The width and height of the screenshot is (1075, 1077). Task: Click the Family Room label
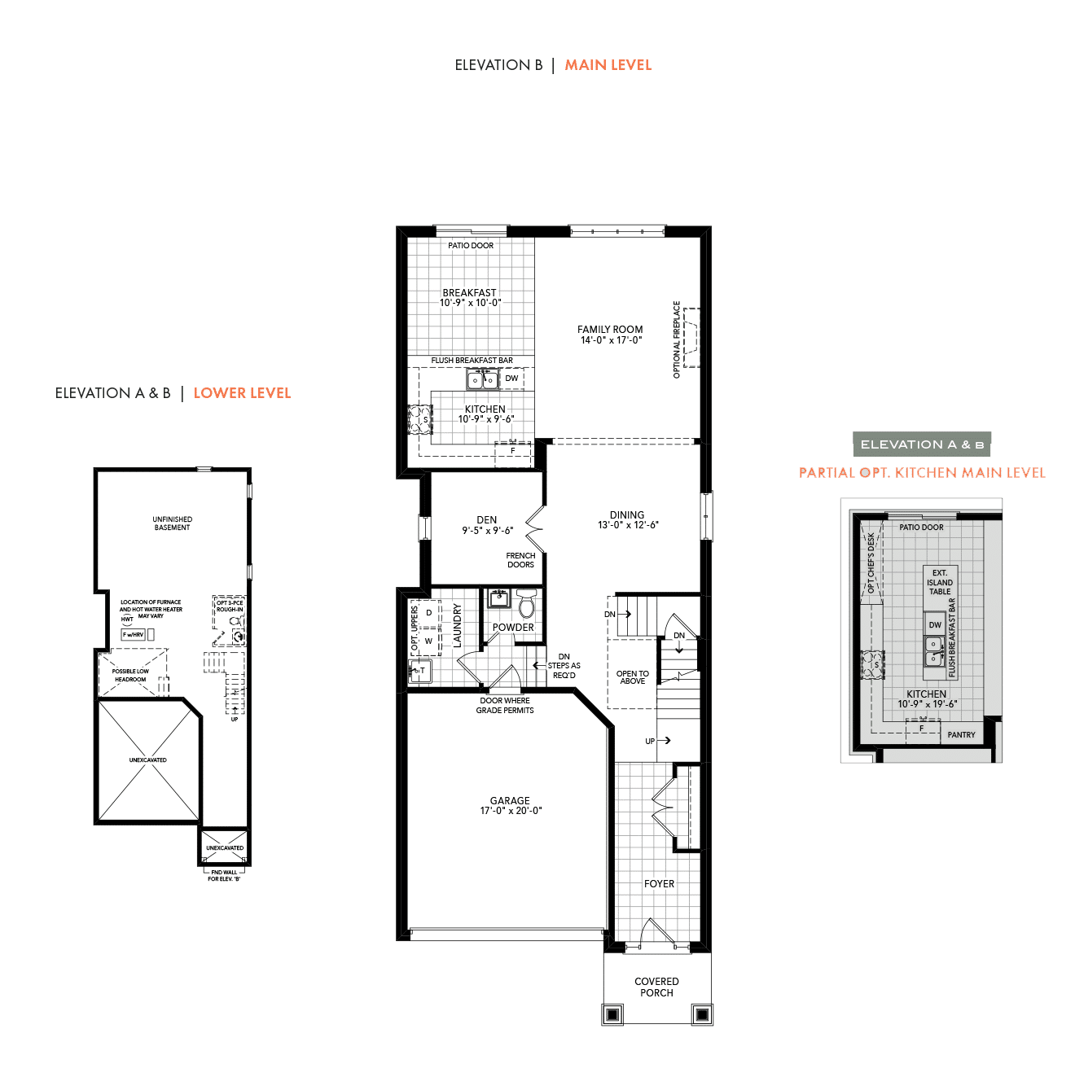point(610,330)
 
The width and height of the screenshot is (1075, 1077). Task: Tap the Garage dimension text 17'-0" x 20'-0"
point(511,811)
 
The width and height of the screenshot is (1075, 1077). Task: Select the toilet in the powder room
point(526,603)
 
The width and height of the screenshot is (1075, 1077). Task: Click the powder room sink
point(498,598)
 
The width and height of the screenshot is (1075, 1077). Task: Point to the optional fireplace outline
point(691,338)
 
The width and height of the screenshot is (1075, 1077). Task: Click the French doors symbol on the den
point(535,528)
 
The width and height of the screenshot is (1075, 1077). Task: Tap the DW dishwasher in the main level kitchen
point(511,379)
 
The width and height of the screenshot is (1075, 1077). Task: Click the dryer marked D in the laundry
point(428,612)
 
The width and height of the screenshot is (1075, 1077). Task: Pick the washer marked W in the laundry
point(428,641)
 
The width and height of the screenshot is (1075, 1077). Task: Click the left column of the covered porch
point(612,1014)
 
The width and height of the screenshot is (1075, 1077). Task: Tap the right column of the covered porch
point(702,1014)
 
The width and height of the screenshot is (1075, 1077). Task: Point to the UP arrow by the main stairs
point(664,741)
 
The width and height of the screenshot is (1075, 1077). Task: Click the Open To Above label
point(633,677)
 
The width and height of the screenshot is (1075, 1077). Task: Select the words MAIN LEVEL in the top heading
point(608,65)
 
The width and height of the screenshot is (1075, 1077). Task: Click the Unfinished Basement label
point(173,523)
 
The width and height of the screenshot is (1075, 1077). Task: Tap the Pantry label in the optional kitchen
point(961,735)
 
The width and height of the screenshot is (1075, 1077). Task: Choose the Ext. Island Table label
point(940,582)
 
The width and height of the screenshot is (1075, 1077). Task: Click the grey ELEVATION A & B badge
point(922,444)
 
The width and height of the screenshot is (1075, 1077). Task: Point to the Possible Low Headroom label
point(130,675)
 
